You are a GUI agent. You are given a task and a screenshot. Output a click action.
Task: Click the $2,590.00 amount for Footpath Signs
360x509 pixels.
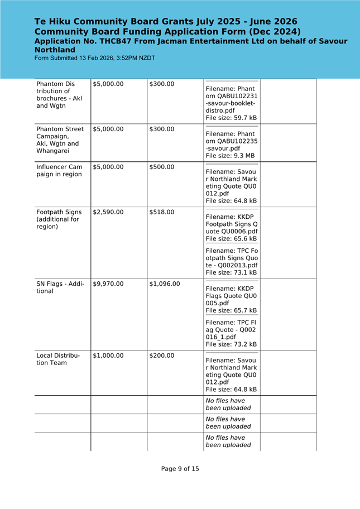tap(108, 212)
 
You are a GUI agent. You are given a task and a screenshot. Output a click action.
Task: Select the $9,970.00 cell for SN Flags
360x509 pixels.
tap(108, 284)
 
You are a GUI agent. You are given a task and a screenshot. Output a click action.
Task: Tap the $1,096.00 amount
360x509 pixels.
tap(165, 284)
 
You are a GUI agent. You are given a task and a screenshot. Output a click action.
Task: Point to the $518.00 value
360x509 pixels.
tap(162, 212)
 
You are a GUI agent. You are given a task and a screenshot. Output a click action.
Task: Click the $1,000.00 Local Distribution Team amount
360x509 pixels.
tap(108, 356)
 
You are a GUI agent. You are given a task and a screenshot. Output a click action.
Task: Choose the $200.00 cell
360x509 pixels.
tap(162, 356)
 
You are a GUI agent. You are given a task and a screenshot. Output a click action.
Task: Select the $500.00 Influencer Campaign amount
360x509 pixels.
tap(162, 167)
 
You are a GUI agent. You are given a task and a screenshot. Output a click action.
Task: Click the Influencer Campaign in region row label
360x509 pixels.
tap(59, 171)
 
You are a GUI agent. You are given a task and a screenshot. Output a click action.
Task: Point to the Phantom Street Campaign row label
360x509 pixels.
tap(60, 140)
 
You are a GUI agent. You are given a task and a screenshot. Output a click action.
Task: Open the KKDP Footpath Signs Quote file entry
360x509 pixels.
tap(232, 224)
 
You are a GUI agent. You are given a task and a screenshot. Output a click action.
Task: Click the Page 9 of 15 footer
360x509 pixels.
tap(180, 469)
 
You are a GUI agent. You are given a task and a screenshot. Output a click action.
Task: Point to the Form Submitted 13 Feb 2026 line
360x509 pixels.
tap(95, 58)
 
